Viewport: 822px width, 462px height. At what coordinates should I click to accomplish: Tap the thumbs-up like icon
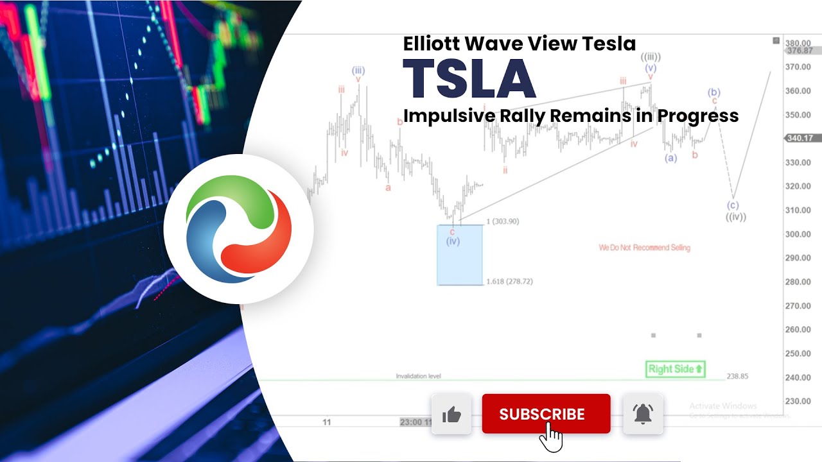pos(451,415)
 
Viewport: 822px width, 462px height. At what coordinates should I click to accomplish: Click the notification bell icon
pos(643,415)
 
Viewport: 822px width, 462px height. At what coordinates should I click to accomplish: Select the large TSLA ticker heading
pos(469,79)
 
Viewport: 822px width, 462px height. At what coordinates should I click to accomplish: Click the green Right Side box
pos(675,369)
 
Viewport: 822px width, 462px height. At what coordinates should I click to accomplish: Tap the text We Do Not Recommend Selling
pos(644,248)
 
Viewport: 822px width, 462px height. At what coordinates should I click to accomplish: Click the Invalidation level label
pos(418,376)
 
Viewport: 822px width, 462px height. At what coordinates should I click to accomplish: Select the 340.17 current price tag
pos(799,138)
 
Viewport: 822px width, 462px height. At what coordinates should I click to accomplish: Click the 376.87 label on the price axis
pos(799,51)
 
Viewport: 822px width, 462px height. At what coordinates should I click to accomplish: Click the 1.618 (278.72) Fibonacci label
pos(510,282)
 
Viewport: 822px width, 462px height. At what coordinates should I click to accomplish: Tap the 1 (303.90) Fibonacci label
pos(503,221)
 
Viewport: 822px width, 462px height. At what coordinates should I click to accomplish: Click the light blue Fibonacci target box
pos(460,263)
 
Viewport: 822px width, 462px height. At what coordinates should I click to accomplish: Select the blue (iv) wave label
pos(453,241)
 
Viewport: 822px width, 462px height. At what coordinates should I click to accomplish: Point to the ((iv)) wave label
pos(735,217)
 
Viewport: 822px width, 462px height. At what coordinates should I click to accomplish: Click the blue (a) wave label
pos(670,158)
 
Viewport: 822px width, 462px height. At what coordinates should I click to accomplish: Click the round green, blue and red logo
pos(238,229)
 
